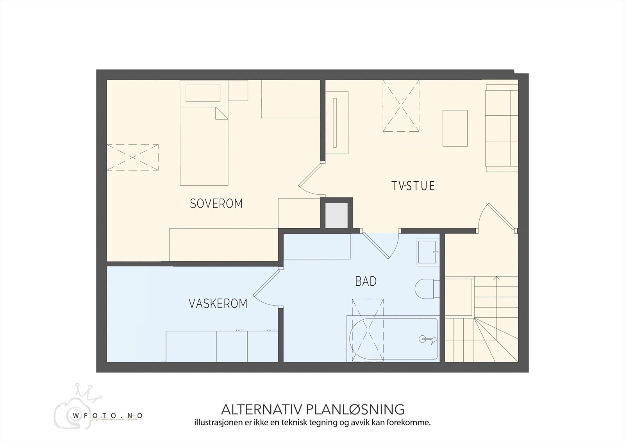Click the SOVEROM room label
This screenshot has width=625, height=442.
click(x=216, y=204)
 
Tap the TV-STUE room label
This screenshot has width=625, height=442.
click(x=413, y=186)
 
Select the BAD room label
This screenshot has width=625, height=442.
click(x=366, y=281)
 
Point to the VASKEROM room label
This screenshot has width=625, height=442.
click(x=218, y=304)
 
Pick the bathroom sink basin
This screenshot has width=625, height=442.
click(x=427, y=252)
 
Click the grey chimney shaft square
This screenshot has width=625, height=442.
click(x=336, y=215)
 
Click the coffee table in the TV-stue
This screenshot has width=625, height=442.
click(x=455, y=128)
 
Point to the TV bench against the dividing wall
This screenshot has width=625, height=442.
click(x=336, y=123)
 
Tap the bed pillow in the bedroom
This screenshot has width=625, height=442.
click(x=202, y=93)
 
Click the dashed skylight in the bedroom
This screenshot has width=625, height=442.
click(x=132, y=157)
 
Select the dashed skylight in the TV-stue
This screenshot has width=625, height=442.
click(x=401, y=106)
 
